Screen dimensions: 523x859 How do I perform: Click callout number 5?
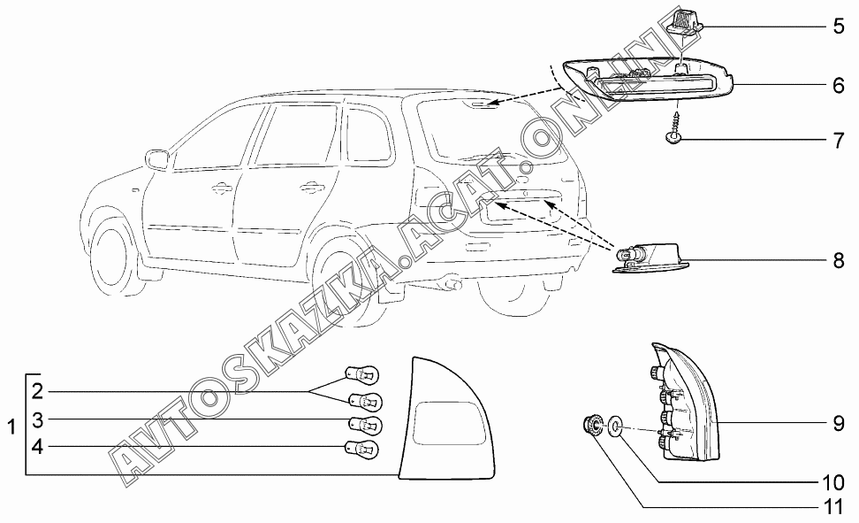tap(838, 26)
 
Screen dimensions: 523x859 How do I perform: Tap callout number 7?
tap(838, 140)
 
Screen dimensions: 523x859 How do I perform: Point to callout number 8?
tap(838, 261)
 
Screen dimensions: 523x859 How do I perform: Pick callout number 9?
tap(838, 423)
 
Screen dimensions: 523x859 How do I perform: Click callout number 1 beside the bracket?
tap(11, 427)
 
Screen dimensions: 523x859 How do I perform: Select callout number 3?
tap(37, 419)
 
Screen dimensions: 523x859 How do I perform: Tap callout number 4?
tap(37, 447)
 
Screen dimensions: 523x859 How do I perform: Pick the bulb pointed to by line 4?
tap(363, 450)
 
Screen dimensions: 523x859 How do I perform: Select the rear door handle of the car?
tap(308, 187)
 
